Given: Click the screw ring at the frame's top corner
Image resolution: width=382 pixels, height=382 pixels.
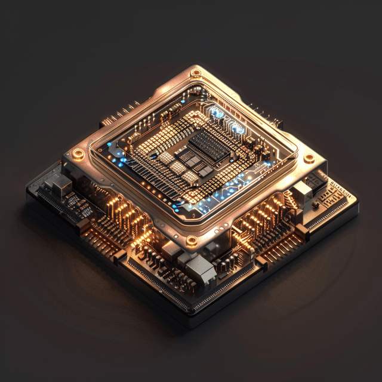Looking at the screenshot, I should [x=195, y=73].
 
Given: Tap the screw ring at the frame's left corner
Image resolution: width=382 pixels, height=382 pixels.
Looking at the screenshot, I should [x=78, y=154].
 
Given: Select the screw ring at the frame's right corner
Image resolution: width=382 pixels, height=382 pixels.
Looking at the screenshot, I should [x=309, y=159].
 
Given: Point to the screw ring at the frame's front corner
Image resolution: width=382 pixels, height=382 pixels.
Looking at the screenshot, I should [x=192, y=241].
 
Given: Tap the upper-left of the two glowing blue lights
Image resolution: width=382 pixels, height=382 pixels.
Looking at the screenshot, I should [x=216, y=112].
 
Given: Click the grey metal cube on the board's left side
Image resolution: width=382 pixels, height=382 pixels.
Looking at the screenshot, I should [x=61, y=186].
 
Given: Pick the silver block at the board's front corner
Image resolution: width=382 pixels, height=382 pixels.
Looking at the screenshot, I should [x=200, y=270].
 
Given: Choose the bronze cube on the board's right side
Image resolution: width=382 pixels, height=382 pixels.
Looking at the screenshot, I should [x=303, y=190].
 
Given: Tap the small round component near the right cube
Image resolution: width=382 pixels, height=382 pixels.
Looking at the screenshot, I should [x=315, y=206].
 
